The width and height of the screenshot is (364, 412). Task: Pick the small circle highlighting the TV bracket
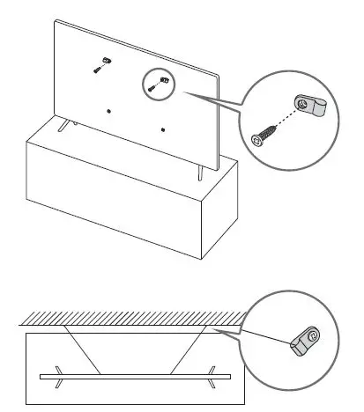158,85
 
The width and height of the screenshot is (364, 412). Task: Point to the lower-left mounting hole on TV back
108,111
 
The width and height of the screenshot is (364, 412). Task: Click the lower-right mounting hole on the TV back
164,129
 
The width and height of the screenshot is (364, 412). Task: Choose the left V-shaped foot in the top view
57,376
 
